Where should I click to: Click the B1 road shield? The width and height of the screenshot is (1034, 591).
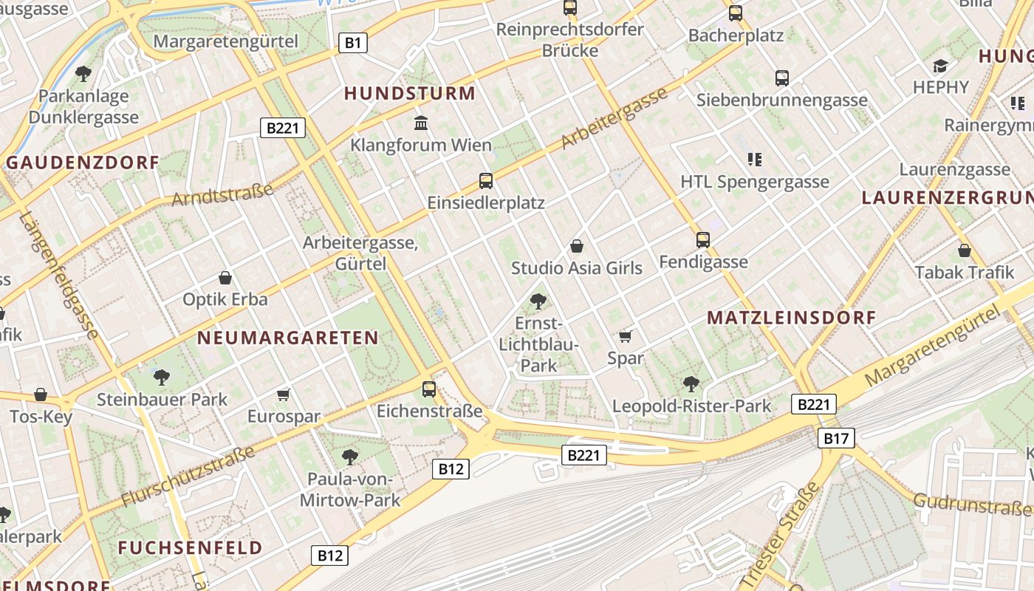[353, 43]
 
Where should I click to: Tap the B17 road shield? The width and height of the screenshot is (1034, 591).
[836, 438]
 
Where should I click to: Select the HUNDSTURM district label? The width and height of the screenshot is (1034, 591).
[410, 93]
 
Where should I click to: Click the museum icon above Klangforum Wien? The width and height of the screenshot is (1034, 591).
[421, 123]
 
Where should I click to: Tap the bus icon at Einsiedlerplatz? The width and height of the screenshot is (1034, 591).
[485, 181]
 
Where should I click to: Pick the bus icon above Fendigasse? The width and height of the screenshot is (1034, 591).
[702, 240]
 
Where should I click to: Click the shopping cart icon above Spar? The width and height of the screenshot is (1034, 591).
[626, 337]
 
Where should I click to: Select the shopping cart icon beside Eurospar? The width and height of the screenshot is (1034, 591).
[284, 394]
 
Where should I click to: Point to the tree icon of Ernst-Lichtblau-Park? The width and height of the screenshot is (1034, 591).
[538, 301]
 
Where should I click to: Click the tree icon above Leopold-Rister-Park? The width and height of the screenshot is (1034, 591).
[691, 383]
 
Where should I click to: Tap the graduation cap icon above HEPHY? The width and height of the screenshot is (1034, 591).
[940, 66]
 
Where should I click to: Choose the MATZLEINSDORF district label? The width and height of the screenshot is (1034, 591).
[791, 318]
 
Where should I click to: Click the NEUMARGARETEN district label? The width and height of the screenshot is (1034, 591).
[288, 338]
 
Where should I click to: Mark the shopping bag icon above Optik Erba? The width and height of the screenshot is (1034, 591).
[225, 279]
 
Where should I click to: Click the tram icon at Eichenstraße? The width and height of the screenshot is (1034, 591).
[429, 389]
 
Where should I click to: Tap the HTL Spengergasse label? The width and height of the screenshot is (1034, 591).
[755, 182]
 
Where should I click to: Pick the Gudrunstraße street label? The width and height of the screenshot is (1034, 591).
[971, 505]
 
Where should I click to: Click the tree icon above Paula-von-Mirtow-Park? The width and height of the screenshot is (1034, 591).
[350, 457]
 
